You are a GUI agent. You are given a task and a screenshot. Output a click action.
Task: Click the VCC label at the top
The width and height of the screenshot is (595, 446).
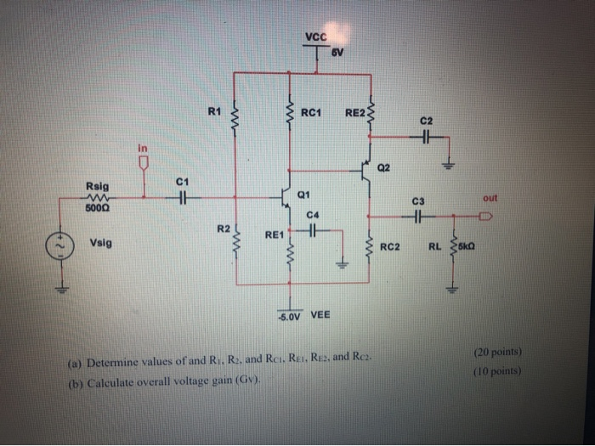314,37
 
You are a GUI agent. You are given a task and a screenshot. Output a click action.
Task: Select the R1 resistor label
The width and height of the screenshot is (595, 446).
214,110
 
